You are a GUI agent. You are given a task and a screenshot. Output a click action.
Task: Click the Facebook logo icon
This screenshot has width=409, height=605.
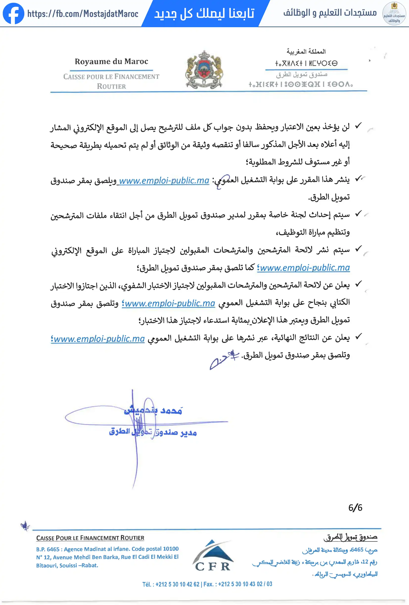(x=13, y=14)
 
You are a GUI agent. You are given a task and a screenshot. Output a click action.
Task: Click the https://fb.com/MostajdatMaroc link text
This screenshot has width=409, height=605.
(x=83, y=14)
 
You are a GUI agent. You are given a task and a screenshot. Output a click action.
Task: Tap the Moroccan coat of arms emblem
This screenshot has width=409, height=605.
(x=204, y=70)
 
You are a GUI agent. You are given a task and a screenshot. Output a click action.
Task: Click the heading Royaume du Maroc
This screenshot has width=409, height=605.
(x=111, y=62)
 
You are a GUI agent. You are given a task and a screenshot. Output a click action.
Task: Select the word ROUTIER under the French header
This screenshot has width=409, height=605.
(x=111, y=86)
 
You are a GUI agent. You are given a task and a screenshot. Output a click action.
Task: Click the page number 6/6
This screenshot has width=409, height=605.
(x=355, y=508)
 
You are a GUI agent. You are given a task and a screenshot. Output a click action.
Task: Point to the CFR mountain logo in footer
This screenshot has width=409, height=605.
(x=212, y=555)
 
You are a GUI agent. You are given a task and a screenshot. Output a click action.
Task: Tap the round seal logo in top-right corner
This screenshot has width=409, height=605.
(x=394, y=14)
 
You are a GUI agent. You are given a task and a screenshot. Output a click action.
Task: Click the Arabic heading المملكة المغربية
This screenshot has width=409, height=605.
(x=306, y=51)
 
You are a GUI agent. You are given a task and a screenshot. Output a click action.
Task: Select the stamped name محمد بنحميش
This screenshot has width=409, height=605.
(x=153, y=411)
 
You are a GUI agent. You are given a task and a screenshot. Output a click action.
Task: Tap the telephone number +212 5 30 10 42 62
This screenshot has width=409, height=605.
(x=177, y=584)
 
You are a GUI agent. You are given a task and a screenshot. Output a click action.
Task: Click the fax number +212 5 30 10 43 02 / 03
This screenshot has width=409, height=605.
(x=245, y=584)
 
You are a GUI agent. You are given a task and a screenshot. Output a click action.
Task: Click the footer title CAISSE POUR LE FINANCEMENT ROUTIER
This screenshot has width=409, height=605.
(x=90, y=538)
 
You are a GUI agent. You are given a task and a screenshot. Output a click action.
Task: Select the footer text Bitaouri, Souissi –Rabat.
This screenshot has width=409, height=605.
(x=67, y=565)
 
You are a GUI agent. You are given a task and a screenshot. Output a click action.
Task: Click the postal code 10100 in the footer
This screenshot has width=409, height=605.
(x=171, y=549)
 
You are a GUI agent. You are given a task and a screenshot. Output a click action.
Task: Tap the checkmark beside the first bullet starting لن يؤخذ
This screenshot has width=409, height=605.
(x=359, y=126)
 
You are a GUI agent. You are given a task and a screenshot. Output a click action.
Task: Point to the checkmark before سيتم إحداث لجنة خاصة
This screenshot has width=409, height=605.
(x=359, y=214)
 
